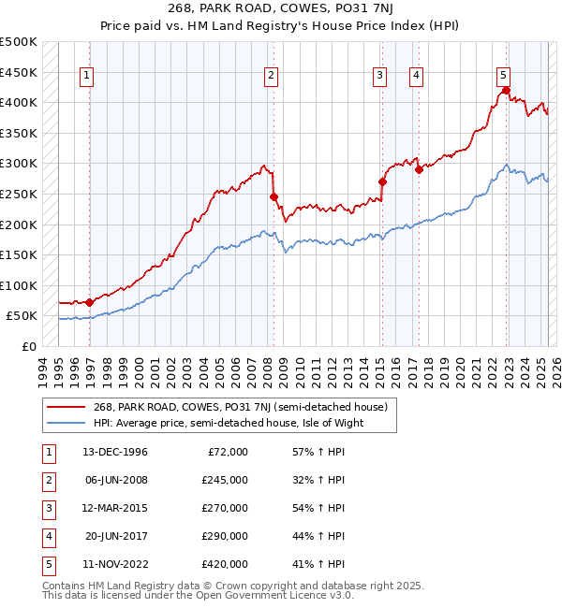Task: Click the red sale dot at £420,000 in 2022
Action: (506, 91)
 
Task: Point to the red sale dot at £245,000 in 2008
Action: (274, 197)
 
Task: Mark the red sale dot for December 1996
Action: (90, 302)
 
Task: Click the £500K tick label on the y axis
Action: (19, 42)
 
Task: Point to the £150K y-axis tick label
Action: (19, 254)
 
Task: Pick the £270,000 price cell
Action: (225, 508)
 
